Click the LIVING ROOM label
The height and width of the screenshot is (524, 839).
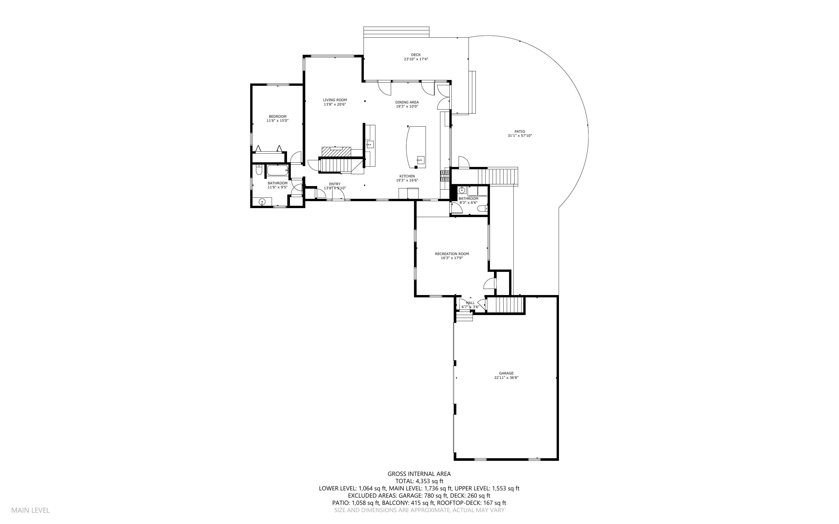click(x=335, y=100)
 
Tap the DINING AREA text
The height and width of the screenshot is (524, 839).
click(x=407, y=102)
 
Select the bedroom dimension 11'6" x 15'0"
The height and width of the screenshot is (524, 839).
click(x=277, y=121)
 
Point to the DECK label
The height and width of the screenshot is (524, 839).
click(x=415, y=55)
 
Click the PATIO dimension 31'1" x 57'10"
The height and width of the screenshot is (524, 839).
click(x=520, y=136)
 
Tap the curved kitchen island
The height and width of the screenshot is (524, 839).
click(x=416, y=147)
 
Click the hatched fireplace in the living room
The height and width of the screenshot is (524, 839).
click(x=336, y=152)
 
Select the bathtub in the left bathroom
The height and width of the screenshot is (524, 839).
click(x=277, y=170)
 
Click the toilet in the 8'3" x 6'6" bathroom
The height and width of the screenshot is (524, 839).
click(x=482, y=209)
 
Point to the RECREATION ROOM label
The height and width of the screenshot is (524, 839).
click(x=452, y=254)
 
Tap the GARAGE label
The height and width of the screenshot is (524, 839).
click(x=506, y=373)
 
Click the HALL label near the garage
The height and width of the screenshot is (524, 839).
click(x=470, y=303)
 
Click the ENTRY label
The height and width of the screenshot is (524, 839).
click(x=335, y=184)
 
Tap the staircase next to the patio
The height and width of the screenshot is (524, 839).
click(x=498, y=177)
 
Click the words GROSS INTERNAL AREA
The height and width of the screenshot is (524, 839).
click(x=419, y=474)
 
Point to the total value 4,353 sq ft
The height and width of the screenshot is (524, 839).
click(x=429, y=481)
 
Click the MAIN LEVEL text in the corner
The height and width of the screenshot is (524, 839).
click(x=30, y=510)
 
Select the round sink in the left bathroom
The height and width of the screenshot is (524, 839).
click(x=262, y=201)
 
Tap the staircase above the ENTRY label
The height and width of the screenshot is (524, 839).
click(x=335, y=165)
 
